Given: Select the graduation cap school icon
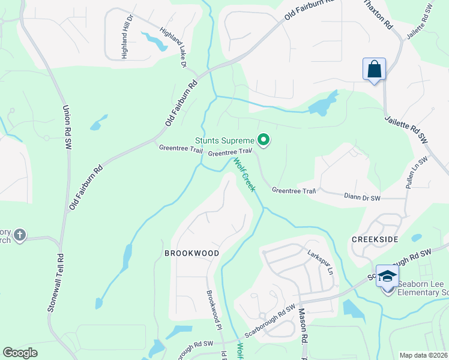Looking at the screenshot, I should (388, 276).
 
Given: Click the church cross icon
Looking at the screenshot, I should (20, 235).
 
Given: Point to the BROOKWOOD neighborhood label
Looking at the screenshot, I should (192, 253).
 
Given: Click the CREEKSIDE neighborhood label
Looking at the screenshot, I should (375, 239).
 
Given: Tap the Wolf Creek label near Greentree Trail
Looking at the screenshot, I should (244, 175).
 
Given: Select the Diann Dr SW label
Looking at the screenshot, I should (363, 197).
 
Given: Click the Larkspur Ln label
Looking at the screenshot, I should (321, 261).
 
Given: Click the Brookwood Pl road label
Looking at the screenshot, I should (214, 310).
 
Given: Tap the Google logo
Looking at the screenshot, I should (20, 352).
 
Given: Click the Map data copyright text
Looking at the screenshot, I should (423, 355).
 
